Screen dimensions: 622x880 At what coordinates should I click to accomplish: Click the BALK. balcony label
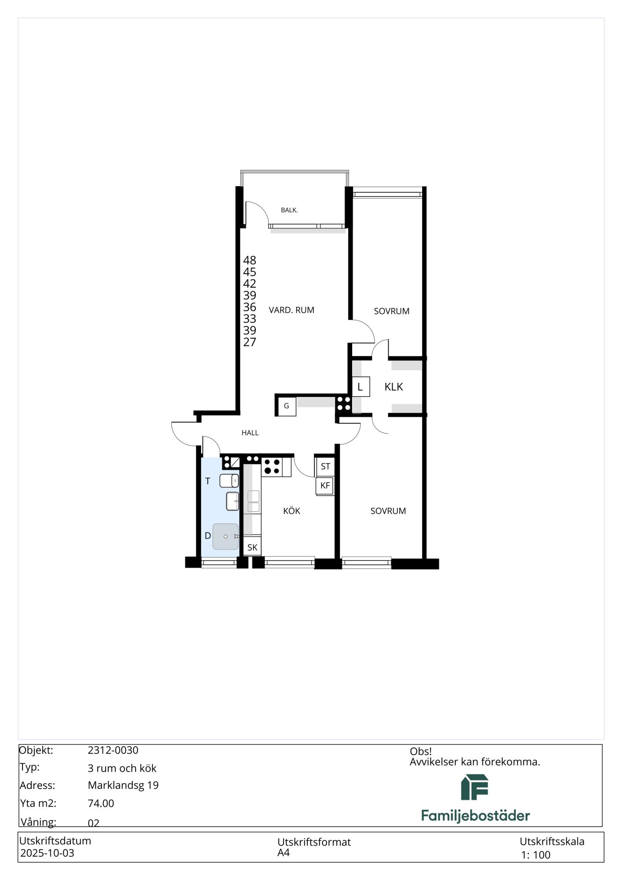tap(289, 210)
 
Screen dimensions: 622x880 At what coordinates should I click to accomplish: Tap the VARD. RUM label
tap(291, 310)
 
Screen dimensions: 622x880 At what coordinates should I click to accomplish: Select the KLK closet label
tap(394, 387)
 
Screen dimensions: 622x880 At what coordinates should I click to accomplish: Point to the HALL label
tap(250, 433)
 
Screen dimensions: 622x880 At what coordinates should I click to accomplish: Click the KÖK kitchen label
tap(292, 511)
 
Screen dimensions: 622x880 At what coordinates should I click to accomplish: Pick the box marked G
tap(287, 406)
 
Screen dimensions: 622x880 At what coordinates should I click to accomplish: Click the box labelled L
tap(361, 387)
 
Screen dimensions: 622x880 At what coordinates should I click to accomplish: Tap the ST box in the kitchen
tap(325, 466)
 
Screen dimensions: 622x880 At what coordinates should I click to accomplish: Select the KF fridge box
tap(325, 486)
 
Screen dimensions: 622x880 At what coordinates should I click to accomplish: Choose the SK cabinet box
tap(252, 547)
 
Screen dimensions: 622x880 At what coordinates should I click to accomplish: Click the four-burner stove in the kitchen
tap(272, 467)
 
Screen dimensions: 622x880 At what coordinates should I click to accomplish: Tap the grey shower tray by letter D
tap(225, 537)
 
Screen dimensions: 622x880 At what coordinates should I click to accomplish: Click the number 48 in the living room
tap(250, 260)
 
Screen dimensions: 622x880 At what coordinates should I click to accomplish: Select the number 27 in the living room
tap(250, 342)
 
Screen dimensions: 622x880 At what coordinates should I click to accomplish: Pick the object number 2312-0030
tap(113, 751)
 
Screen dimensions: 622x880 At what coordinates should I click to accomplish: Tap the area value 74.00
tap(101, 803)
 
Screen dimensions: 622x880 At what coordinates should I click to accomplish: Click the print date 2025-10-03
tap(47, 853)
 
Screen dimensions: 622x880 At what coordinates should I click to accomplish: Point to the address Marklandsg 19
tap(123, 785)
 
